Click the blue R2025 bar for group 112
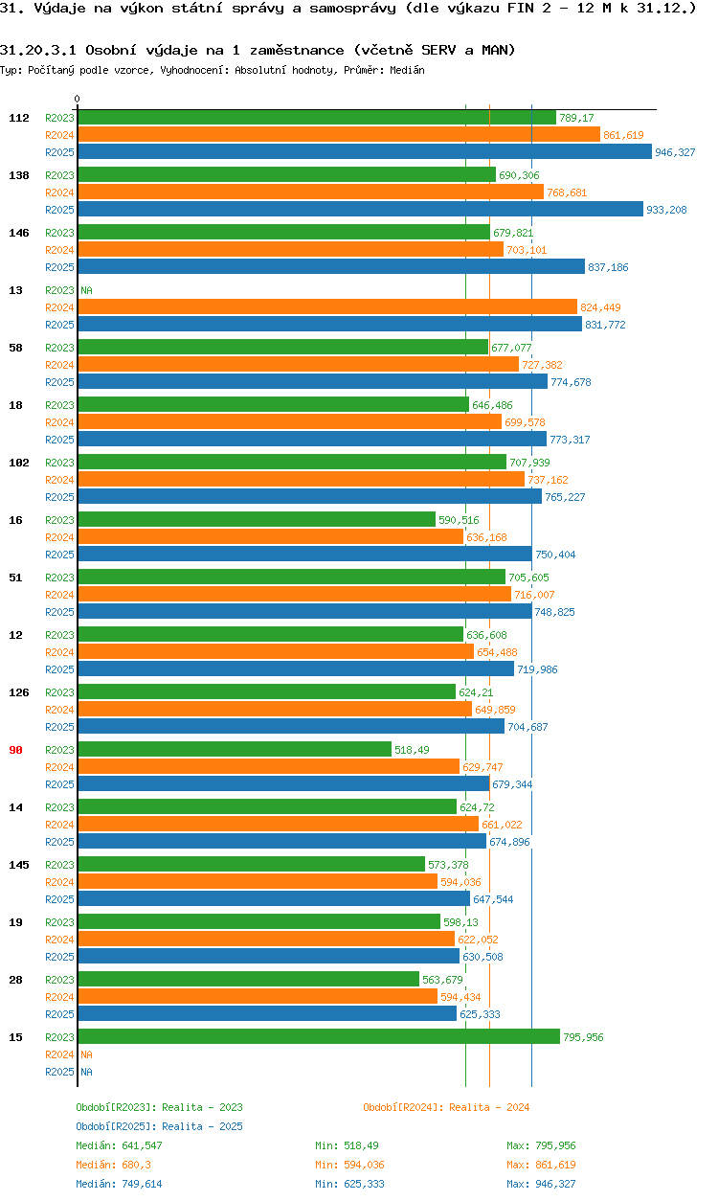pyautogui.click(x=364, y=151)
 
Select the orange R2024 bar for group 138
pyautogui.click(x=310, y=192)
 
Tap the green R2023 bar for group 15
pyautogui.click(x=318, y=1036)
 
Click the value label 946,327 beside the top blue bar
pyautogui.click(x=675, y=152)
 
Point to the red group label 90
pyautogui.click(x=15, y=750)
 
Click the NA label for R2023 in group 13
pyautogui.click(x=86, y=290)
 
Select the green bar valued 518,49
pyautogui.click(x=235, y=749)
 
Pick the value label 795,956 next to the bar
pyautogui.click(x=583, y=1037)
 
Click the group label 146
pyautogui.click(x=19, y=233)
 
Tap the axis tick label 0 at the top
pyautogui.click(x=78, y=99)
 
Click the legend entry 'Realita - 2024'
pyautogui.click(x=446, y=1107)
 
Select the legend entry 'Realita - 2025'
pyautogui.click(x=159, y=1126)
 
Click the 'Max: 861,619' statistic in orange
pyautogui.click(x=541, y=1165)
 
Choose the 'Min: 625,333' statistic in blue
pyautogui.click(x=349, y=1184)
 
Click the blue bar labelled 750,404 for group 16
pyautogui.click(x=304, y=554)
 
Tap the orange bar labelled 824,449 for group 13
pyautogui.click(x=327, y=306)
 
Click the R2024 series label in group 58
pyautogui.click(x=59, y=365)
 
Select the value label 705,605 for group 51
pyautogui.click(x=528, y=578)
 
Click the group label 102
pyautogui.click(x=19, y=463)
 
